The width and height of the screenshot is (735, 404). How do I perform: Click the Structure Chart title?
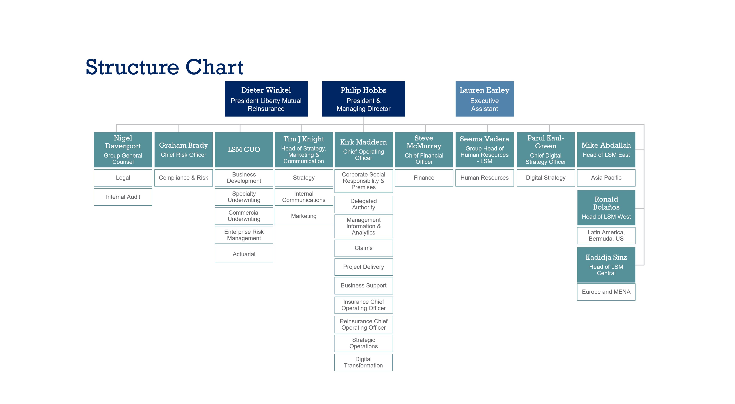pyautogui.click(x=164, y=67)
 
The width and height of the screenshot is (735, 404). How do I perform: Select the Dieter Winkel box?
pyautogui.click(x=266, y=99)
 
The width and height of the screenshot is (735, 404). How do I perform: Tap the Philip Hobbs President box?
pyautogui.click(x=363, y=99)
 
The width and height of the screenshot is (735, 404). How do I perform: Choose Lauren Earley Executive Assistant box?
pyautogui.click(x=484, y=99)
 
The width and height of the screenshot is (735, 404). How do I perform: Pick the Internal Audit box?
pyautogui.click(x=123, y=197)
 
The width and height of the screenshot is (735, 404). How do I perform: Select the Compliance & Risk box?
pyautogui.click(x=184, y=178)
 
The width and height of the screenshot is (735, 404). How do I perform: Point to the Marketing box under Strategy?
pyautogui.click(x=304, y=216)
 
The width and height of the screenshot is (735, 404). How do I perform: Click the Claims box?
pyautogui.click(x=363, y=248)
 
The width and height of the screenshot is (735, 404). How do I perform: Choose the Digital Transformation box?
pyautogui.click(x=363, y=362)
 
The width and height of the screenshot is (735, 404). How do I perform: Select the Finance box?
pyautogui.click(x=424, y=178)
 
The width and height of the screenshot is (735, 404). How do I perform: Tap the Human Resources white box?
pyautogui.click(x=484, y=178)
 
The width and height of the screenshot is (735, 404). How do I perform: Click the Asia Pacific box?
pyautogui.click(x=606, y=178)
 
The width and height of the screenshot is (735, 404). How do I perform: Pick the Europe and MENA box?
pyautogui.click(x=606, y=292)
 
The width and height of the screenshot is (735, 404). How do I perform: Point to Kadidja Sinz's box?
pyautogui.click(x=606, y=265)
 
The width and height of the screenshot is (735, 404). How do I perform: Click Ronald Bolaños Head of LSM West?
pyautogui.click(x=606, y=208)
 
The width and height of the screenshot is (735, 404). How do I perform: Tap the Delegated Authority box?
pyautogui.click(x=363, y=204)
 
